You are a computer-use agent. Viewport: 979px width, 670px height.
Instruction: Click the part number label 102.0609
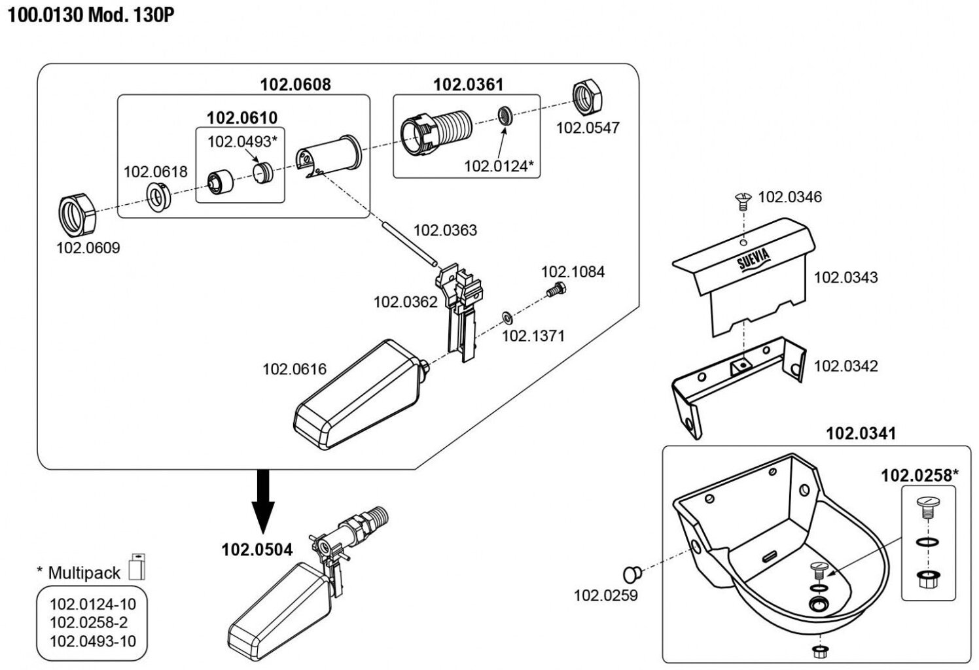88,248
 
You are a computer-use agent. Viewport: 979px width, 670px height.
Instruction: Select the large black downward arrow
263,501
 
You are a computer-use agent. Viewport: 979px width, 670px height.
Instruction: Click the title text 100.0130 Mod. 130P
91,15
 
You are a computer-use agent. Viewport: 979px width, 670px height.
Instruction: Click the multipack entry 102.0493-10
93,641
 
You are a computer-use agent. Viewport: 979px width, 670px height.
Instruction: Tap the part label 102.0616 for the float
294,369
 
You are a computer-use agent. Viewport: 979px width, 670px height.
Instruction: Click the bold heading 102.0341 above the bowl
861,433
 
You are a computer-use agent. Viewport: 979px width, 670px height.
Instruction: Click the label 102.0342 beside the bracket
845,366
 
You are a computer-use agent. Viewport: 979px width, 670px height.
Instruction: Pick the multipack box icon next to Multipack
137,567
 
